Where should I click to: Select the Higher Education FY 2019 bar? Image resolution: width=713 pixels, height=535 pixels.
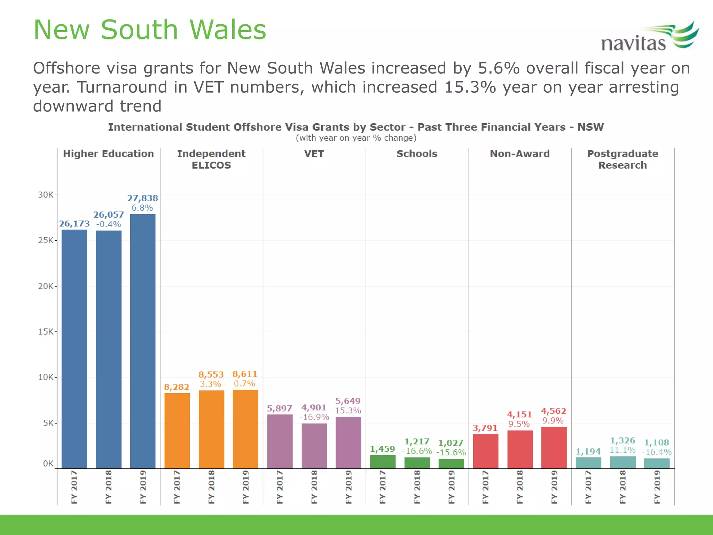click(143, 341)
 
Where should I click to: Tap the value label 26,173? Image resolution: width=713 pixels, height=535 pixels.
click(74, 224)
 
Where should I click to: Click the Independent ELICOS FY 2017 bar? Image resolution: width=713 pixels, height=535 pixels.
click(177, 431)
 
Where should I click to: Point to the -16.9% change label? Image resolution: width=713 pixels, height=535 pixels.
click(314, 417)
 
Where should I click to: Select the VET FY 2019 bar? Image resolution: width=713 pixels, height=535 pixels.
click(348, 442)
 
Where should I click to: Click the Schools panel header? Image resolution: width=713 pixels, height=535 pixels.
click(417, 154)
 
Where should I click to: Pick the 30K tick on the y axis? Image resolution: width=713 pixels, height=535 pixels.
click(46, 195)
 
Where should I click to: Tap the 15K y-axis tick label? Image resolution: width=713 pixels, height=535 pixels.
click(46, 332)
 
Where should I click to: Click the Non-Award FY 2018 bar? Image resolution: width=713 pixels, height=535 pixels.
click(520, 449)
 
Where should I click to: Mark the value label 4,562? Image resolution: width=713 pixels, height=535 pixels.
click(554, 411)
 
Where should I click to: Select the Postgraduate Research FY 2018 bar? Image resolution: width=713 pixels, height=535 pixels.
click(622, 463)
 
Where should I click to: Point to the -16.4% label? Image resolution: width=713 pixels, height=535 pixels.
click(657, 452)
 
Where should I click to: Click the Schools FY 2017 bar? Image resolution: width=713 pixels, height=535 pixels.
click(383, 462)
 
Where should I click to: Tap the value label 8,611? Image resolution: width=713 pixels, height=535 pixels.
click(245, 374)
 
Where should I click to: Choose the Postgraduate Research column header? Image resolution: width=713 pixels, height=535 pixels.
click(622, 159)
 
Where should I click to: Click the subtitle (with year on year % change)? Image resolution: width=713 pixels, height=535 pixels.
click(356, 138)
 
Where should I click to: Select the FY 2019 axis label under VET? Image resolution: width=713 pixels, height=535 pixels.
click(348, 487)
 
